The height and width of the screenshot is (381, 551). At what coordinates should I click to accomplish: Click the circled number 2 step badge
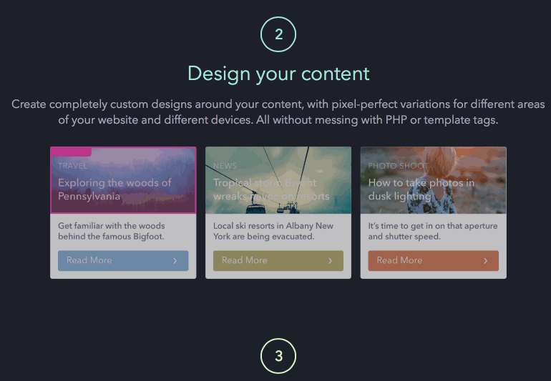click(x=278, y=34)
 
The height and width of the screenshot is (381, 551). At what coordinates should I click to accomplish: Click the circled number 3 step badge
click(x=278, y=356)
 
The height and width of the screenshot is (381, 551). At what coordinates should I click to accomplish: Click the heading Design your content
click(x=278, y=73)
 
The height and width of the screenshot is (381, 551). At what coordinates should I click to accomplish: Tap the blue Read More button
click(x=123, y=260)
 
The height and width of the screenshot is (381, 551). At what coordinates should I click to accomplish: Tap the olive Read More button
click(x=278, y=260)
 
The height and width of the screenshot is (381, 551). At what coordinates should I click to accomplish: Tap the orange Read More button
click(x=433, y=260)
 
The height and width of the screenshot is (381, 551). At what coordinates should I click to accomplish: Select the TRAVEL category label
click(x=72, y=166)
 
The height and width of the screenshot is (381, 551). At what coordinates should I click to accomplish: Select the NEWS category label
click(x=225, y=166)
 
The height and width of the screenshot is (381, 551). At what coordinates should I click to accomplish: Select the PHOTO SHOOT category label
click(x=398, y=166)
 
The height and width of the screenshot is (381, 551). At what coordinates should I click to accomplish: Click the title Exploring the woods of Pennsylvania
click(x=114, y=189)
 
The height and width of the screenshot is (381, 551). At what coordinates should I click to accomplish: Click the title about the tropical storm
click(x=270, y=189)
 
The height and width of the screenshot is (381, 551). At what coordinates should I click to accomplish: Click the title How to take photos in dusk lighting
click(x=421, y=189)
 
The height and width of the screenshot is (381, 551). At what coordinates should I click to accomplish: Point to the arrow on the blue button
click(x=175, y=261)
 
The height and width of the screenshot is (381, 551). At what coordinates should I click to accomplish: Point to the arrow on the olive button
click(x=330, y=261)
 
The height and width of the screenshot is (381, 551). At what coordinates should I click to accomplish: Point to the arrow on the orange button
click(x=485, y=261)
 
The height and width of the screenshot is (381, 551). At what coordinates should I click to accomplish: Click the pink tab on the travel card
click(x=71, y=152)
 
